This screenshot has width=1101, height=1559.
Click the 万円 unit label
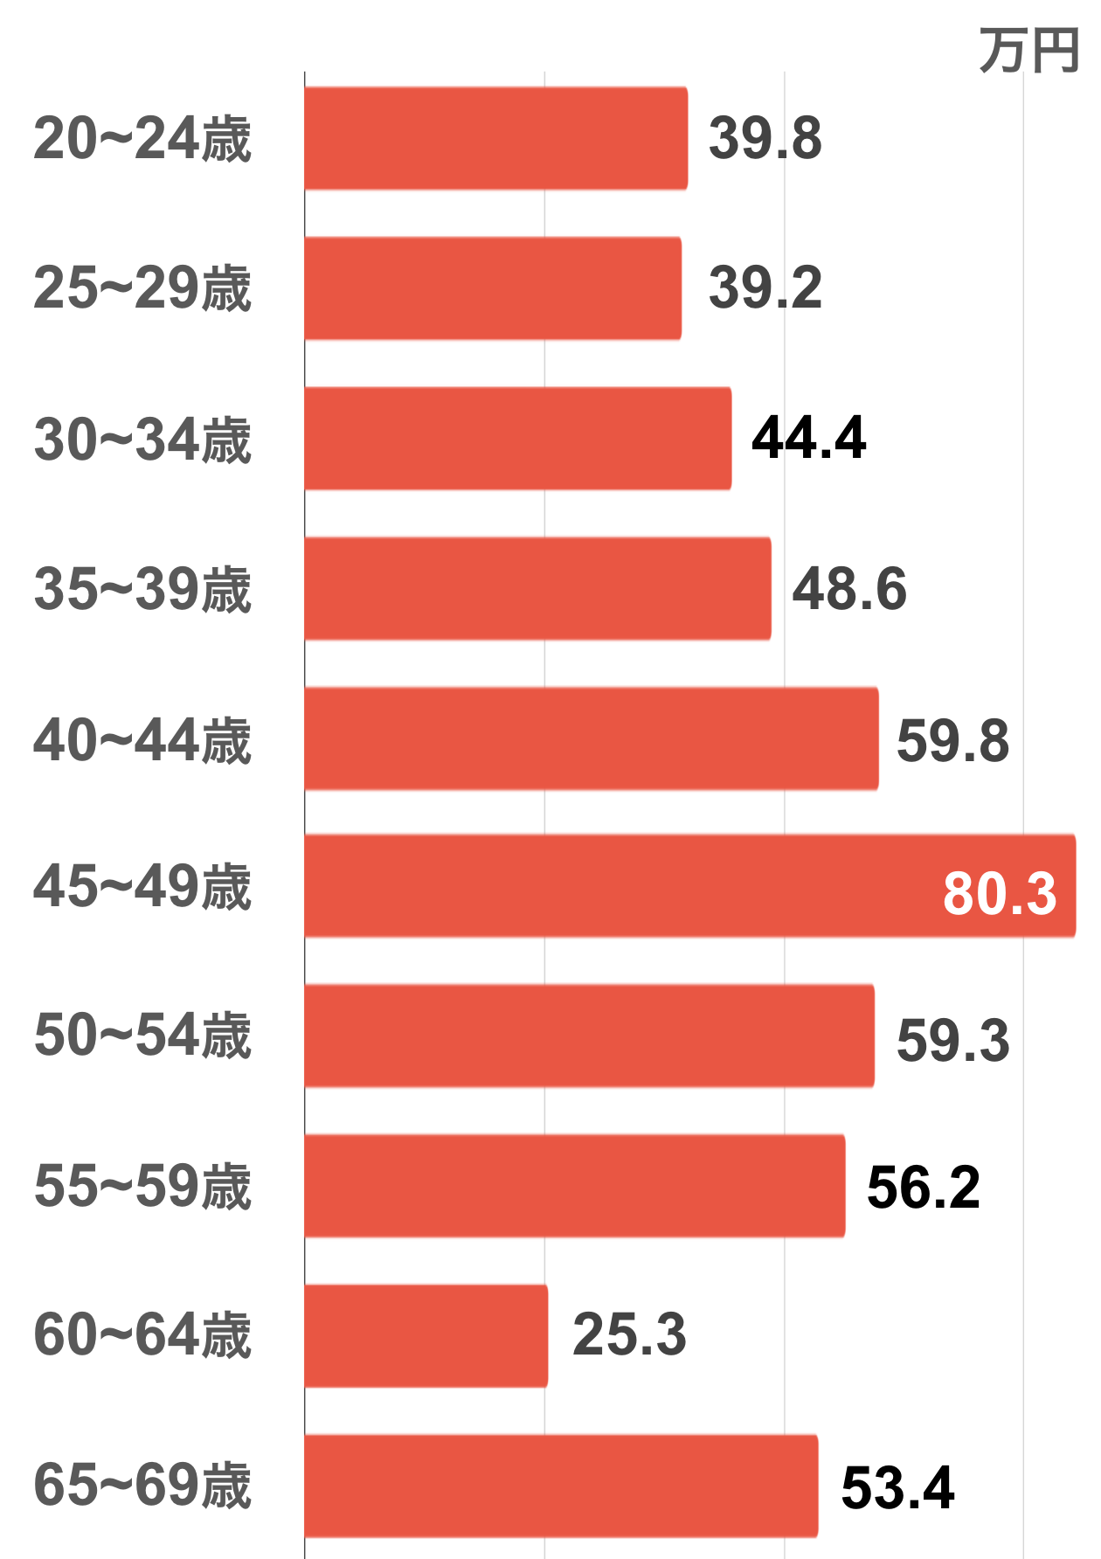coord(1028,51)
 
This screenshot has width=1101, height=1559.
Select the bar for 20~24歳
coord(495,138)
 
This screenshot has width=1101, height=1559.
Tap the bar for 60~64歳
coord(426,1335)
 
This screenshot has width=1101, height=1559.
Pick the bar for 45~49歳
coord(612,886)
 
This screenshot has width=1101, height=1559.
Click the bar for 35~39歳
coord(537,588)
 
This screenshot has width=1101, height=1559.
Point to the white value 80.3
coord(1000,893)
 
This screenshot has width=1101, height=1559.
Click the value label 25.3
coord(629,1334)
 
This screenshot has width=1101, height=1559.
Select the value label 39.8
coord(765,138)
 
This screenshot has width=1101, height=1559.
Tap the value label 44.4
coord(808,438)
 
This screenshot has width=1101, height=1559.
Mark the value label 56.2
coord(923,1187)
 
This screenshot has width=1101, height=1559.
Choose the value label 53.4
coord(897,1487)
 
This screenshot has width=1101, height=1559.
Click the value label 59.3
coord(952,1040)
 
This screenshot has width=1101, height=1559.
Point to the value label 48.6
coord(848,588)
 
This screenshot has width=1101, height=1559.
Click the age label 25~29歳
coord(142,288)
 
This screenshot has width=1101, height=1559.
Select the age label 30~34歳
coord(142,439)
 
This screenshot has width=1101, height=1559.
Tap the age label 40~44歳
coord(142,739)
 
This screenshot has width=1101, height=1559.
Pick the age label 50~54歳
coord(142,1036)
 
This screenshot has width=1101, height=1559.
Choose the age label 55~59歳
coord(142,1186)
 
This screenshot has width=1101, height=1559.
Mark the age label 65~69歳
coord(142,1486)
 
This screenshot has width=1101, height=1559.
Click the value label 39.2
coord(765,288)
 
